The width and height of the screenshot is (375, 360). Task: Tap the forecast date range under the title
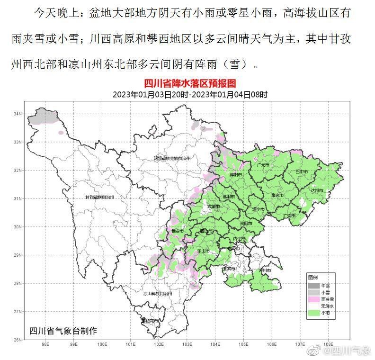click(190, 94)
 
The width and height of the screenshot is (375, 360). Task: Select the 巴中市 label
click(301, 171)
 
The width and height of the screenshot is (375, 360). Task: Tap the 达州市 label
click(316, 190)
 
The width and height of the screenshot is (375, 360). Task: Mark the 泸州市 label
click(264, 270)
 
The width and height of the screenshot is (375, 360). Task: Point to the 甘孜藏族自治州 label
click(101, 197)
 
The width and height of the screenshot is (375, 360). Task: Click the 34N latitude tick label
click(18, 114)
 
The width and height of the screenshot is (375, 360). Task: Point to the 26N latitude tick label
click(18, 340)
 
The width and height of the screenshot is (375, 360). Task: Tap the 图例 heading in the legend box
click(312, 277)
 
